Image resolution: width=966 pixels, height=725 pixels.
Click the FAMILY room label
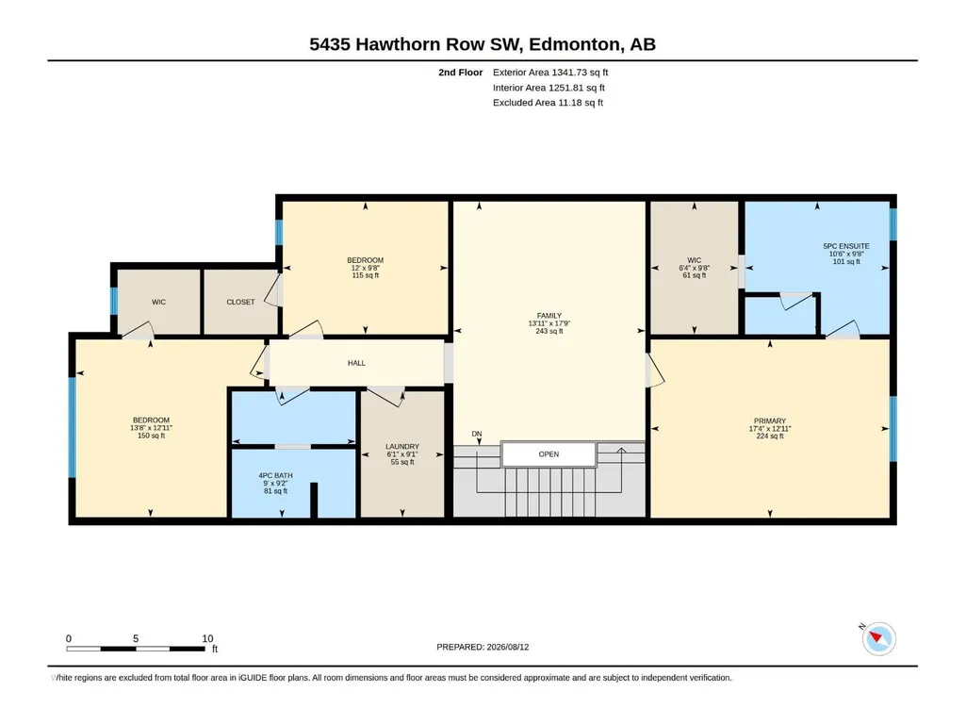click(x=548, y=316)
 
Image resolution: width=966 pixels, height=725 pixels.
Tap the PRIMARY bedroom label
click(x=769, y=421)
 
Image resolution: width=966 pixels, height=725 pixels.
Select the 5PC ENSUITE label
click(x=846, y=246)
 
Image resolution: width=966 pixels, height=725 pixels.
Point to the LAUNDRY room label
click(x=402, y=446)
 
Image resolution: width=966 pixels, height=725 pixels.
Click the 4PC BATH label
click(x=275, y=475)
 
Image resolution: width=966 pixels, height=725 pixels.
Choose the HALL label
click(x=356, y=363)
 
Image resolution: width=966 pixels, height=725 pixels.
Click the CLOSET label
click(x=240, y=302)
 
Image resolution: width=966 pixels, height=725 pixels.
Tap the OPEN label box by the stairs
click(x=548, y=454)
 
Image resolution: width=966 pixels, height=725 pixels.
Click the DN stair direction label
click(x=477, y=434)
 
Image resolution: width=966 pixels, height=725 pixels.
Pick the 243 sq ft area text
click(x=548, y=331)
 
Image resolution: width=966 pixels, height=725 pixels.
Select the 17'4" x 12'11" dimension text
click(x=769, y=428)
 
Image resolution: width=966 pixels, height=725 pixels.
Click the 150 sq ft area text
click(x=151, y=436)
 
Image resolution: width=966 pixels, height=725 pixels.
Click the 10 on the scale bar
click(x=207, y=638)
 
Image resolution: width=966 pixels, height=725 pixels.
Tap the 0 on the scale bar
click(x=69, y=638)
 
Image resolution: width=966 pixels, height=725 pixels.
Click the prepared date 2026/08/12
click(x=508, y=647)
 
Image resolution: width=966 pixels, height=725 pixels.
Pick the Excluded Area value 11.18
click(x=568, y=103)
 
